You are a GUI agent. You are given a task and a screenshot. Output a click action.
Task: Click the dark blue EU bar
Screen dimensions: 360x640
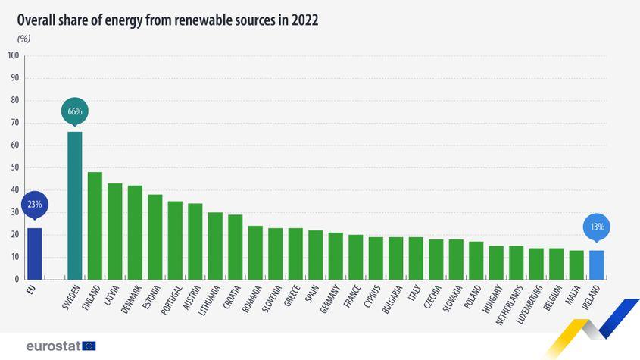click(x=34, y=253)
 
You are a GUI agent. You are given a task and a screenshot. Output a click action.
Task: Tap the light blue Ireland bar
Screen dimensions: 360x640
click(x=597, y=265)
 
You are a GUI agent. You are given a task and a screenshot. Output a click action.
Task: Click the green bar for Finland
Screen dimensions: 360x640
click(x=95, y=225)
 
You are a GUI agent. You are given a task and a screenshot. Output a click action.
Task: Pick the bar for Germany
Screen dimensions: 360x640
click(x=336, y=255)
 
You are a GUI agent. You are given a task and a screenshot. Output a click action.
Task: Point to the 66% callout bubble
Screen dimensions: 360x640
click(x=75, y=111)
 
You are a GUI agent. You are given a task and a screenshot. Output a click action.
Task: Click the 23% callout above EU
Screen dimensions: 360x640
click(x=35, y=205)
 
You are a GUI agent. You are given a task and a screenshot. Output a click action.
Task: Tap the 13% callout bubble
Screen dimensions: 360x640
click(x=597, y=227)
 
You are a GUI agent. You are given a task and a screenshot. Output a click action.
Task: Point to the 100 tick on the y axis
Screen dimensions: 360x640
click(x=14, y=55)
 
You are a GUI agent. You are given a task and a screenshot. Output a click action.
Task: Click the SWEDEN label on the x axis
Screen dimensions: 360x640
click(x=71, y=299)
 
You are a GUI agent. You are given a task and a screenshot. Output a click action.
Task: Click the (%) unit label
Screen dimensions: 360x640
click(x=23, y=38)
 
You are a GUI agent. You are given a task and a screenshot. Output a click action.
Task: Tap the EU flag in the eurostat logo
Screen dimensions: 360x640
click(x=89, y=346)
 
